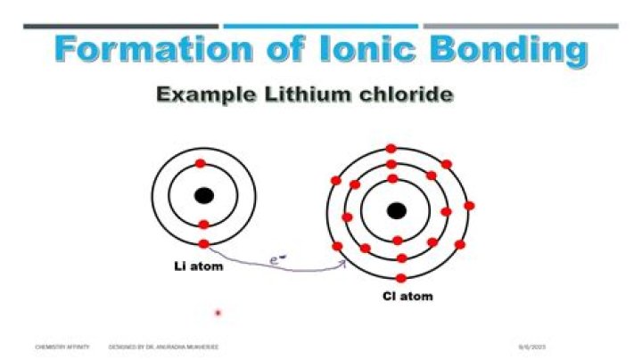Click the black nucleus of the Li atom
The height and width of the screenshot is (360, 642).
[x=204, y=195]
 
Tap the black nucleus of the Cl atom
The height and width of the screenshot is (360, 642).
[x=396, y=211]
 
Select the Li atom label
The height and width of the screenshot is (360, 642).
[x=198, y=266]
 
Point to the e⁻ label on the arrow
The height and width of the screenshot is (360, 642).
[x=277, y=260]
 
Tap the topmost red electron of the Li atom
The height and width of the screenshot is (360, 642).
[x=201, y=164]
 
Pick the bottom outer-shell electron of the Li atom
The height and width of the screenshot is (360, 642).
[x=203, y=243]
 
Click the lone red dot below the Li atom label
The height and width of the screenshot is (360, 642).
[x=218, y=313]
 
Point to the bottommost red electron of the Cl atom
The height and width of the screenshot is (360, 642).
[x=402, y=275]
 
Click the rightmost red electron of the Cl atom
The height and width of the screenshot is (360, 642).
[x=469, y=206]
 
